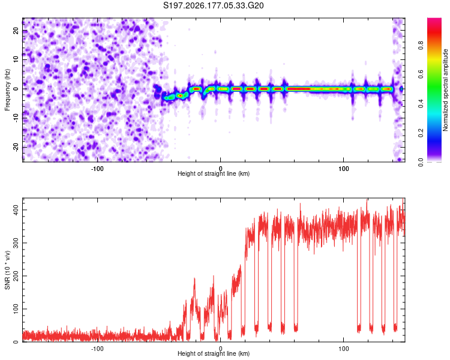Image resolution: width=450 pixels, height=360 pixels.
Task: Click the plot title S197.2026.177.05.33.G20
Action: coord(213,5)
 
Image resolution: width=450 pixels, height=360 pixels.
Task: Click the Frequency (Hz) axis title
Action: coord(7,90)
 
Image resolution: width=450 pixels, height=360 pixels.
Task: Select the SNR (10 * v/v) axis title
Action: coord(7,270)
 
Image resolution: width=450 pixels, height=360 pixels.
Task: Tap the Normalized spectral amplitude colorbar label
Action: coord(445,90)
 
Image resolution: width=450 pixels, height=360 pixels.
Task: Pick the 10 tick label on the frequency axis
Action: coord(16,59)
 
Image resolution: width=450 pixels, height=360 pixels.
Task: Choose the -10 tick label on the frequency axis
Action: coord(16,118)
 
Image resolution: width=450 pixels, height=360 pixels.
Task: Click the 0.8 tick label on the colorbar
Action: coord(421,46)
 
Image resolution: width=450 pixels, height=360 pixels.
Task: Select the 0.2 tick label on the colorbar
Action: coord(421,133)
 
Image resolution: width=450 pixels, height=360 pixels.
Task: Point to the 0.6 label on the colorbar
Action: coord(421,74)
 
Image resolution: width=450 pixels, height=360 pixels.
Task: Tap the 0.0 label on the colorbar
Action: coord(421,162)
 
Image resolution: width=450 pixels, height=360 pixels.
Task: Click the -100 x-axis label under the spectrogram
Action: coord(97,169)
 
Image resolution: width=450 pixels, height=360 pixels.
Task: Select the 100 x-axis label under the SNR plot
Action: coord(344,349)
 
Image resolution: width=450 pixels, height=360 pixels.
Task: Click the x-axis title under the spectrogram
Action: coord(214,173)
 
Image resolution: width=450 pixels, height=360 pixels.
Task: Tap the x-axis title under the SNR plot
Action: coord(214,353)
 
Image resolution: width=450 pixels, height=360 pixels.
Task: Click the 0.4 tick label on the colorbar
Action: coord(421,104)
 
